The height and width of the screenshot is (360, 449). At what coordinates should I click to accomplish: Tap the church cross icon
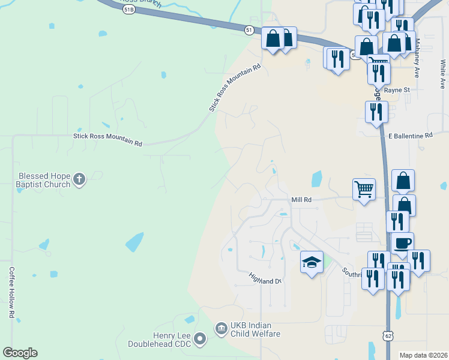(x=79, y=179)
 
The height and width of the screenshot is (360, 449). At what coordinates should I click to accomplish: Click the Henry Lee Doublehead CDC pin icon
(x=200, y=340)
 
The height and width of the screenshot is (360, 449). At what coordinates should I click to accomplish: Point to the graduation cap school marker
(x=312, y=262)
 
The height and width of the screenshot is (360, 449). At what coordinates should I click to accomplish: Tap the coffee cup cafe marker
(x=402, y=243)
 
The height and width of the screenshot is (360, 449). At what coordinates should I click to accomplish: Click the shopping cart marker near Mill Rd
(x=364, y=190)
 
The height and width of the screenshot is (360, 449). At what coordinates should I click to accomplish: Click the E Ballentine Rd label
(x=410, y=136)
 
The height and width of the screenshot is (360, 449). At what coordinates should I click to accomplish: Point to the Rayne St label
(x=397, y=90)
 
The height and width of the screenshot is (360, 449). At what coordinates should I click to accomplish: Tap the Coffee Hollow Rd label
(x=11, y=292)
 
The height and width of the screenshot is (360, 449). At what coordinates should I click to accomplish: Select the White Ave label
(x=442, y=71)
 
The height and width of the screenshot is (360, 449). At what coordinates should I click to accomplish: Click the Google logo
(x=20, y=353)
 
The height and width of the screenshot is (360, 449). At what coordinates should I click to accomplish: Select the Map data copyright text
(x=423, y=355)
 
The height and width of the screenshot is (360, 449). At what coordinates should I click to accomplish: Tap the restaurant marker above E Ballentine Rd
(x=376, y=112)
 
